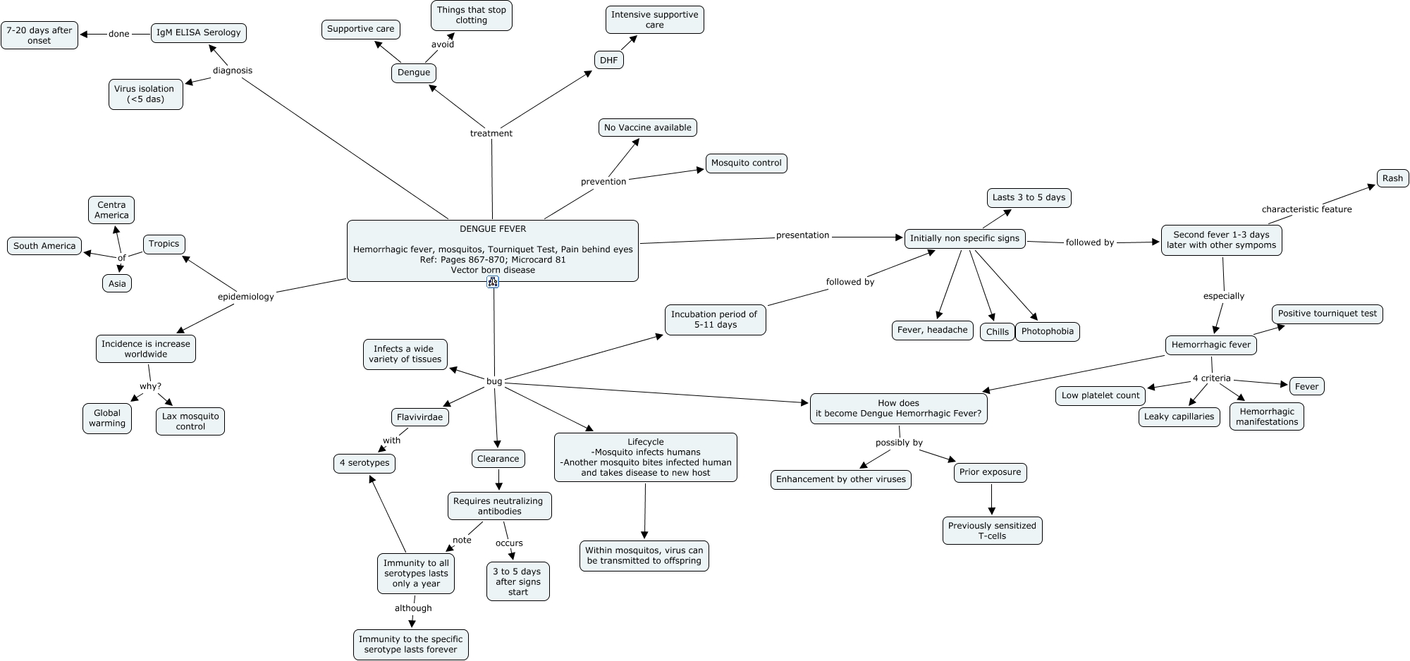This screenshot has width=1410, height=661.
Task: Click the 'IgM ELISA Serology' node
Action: (x=199, y=32)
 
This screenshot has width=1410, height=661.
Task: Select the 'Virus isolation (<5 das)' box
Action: (x=145, y=94)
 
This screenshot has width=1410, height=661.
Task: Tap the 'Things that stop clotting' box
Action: (x=471, y=15)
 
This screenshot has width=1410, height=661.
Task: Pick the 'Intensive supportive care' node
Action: (x=654, y=20)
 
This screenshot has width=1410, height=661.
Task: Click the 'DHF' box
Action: (x=608, y=60)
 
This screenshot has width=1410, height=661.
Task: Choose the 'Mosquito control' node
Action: (x=746, y=163)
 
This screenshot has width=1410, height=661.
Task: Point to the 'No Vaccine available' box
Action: (x=647, y=128)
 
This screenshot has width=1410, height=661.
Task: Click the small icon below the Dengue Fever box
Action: (x=493, y=282)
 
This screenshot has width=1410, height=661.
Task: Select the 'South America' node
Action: (x=44, y=246)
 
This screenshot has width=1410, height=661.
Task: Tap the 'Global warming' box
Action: (x=107, y=418)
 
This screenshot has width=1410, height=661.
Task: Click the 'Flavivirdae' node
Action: (x=419, y=417)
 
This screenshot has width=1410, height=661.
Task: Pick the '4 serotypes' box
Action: (x=364, y=463)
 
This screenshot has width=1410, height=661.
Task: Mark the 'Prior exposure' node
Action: (x=990, y=472)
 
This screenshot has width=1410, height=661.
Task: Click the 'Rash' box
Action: (x=1392, y=178)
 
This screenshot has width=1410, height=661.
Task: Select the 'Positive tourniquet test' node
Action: (x=1327, y=314)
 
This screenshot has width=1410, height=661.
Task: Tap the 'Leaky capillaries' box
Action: (x=1179, y=416)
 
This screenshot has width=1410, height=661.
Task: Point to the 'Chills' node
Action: (x=997, y=332)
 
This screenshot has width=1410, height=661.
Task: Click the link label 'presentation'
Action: (x=802, y=235)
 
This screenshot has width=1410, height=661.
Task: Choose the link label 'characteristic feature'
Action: (x=1306, y=209)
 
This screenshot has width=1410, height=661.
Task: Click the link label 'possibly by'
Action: (x=899, y=443)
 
